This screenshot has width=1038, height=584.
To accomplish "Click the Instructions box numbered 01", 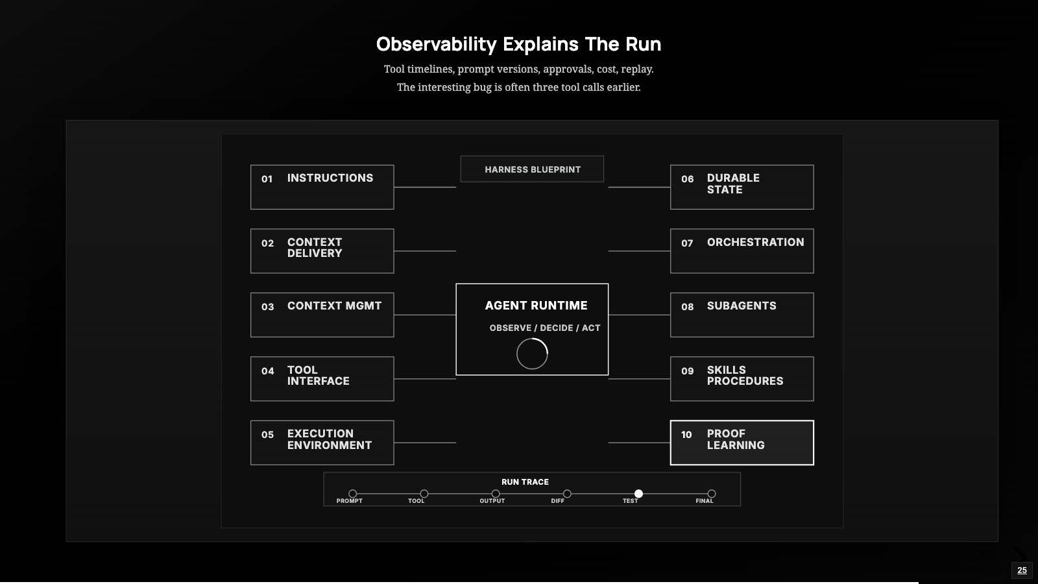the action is click(322, 188).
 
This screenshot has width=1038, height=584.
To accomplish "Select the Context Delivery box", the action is click(322, 250).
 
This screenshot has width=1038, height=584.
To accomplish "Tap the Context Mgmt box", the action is click(322, 315).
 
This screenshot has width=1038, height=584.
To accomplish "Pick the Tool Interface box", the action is click(322, 379).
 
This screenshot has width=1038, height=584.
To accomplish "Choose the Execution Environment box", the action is click(322, 443).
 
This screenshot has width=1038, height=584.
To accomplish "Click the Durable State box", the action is click(742, 188).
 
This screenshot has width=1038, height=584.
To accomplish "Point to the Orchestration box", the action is click(742, 250).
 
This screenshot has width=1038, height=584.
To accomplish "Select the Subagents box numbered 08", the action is click(742, 315).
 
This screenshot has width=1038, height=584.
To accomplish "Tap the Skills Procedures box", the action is click(742, 379).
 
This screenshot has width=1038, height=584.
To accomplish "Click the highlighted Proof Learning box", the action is click(742, 443).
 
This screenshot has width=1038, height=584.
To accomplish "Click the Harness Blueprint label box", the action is click(532, 169).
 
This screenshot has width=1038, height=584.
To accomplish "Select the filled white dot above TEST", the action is click(638, 494).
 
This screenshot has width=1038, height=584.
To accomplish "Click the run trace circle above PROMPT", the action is click(353, 494).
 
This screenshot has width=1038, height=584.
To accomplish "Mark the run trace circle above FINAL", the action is click(712, 494).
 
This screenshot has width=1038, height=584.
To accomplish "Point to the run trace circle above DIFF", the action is click(567, 494).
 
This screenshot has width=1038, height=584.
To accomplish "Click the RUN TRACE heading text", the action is click(525, 482).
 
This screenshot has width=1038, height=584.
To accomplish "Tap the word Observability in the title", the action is click(436, 45).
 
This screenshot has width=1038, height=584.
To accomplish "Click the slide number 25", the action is click(1022, 570).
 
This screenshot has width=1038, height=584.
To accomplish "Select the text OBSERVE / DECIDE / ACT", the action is click(545, 328).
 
